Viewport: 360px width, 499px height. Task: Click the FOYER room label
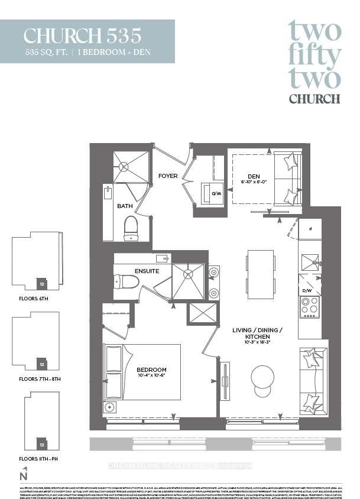(167, 176)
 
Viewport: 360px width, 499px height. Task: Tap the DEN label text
(254, 175)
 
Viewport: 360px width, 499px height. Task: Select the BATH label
(125, 206)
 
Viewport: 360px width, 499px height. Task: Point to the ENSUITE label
(147, 271)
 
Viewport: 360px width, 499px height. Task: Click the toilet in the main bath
(131, 228)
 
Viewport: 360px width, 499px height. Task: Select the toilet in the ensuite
(127, 281)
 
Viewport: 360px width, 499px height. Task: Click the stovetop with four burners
(310, 307)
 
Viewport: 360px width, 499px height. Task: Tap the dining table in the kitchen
(261, 274)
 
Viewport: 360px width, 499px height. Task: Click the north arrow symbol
(24, 474)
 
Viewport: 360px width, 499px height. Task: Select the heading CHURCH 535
(83, 36)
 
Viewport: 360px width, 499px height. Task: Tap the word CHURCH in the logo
(314, 99)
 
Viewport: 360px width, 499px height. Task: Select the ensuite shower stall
(188, 281)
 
